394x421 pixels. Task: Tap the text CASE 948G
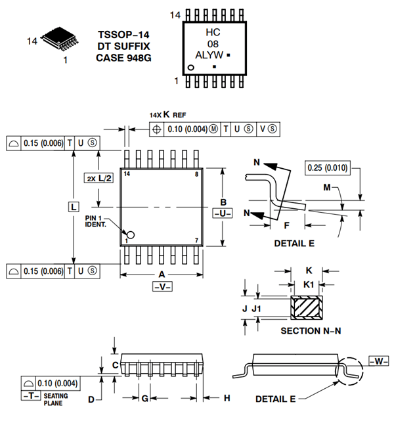pos(123,58)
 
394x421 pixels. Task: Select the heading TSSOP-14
pos(123,34)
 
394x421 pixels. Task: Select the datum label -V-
pos(161,288)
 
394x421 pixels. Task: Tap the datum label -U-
pos(223,214)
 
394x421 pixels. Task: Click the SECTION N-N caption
pos(311,330)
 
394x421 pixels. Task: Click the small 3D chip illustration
pos(57,40)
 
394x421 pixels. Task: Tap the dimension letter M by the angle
pos(327,188)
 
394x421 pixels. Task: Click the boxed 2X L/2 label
pos(98,178)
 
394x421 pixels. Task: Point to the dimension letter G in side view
pos(144,398)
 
